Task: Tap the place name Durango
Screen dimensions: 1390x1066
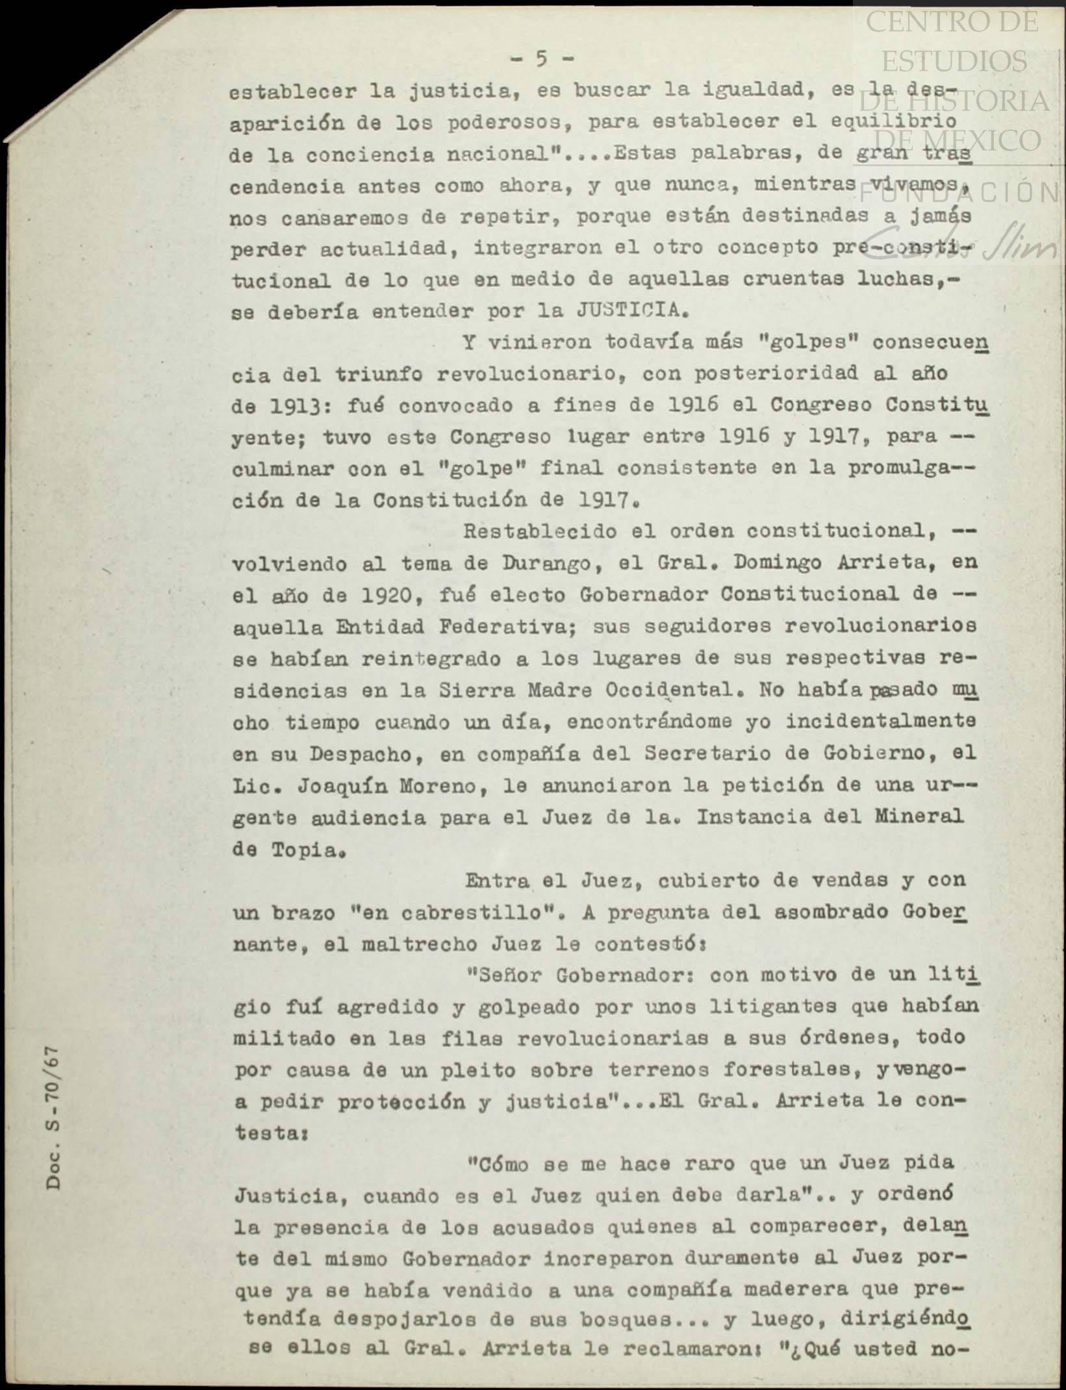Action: (x=546, y=563)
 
